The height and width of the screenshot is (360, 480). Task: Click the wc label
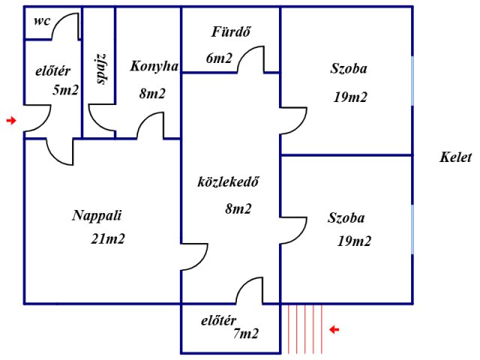pyautogui.click(x=42, y=22)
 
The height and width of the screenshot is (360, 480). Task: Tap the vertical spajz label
pyautogui.click(x=102, y=69)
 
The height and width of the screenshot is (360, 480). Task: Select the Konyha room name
pyautogui.click(x=154, y=67)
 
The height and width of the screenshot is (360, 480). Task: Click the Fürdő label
pyautogui.click(x=231, y=31)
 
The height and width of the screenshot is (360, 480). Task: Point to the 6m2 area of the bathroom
pyautogui.click(x=219, y=58)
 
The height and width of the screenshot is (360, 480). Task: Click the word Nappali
pyautogui.click(x=97, y=216)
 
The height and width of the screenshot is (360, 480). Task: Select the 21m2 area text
pyautogui.click(x=108, y=238)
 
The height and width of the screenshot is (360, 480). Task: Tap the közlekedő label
pyautogui.click(x=228, y=181)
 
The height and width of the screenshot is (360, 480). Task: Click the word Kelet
pyautogui.click(x=455, y=157)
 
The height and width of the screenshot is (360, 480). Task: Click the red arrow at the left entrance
pyautogui.click(x=11, y=121)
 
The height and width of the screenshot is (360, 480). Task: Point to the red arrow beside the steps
pyautogui.click(x=334, y=330)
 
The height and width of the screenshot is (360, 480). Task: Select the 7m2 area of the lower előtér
pyautogui.click(x=246, y=333)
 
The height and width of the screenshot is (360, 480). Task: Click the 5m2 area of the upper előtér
pyautogui.click(x=65, y=90)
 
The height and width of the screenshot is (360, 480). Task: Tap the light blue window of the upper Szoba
pyautogui.click(x=412, y=81)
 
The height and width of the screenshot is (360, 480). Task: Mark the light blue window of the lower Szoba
pyautogui.click(x=412, y=229)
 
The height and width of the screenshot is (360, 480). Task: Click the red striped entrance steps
pyautogui.click(x=305, y=328)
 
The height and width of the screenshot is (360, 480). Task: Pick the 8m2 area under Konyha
pyautogui.click(x=152, y=93)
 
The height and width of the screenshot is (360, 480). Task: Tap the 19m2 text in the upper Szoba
pyautogui.click(x=350, y=97)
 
